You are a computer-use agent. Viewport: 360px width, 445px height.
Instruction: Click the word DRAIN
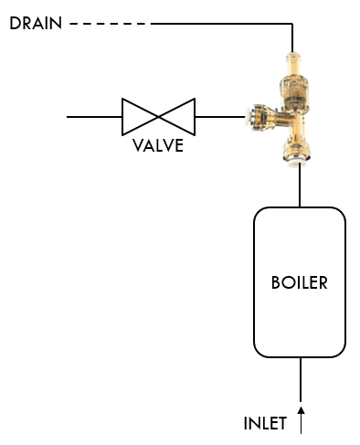(35, 23)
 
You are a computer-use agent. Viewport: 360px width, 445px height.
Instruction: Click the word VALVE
(158, 145)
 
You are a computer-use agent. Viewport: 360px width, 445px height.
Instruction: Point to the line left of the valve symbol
(94, 117)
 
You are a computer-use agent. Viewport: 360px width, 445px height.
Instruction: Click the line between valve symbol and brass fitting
(219, 117)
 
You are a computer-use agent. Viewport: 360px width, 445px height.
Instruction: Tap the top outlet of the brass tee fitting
(293, 62)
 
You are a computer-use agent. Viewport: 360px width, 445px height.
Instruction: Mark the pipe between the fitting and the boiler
(300, 186)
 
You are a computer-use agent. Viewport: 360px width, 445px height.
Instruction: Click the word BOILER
(299, 282)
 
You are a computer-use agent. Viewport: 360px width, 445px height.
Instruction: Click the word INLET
(265, 423)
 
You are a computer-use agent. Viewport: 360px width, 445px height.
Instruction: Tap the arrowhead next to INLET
(301, 411)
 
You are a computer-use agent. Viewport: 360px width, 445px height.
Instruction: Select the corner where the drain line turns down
(292, 24)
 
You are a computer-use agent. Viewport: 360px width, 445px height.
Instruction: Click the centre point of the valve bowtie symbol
(158, 117)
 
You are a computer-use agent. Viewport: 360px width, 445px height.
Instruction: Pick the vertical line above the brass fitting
(292, 39)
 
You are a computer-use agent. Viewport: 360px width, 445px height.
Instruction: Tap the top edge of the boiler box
(300, 208)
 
